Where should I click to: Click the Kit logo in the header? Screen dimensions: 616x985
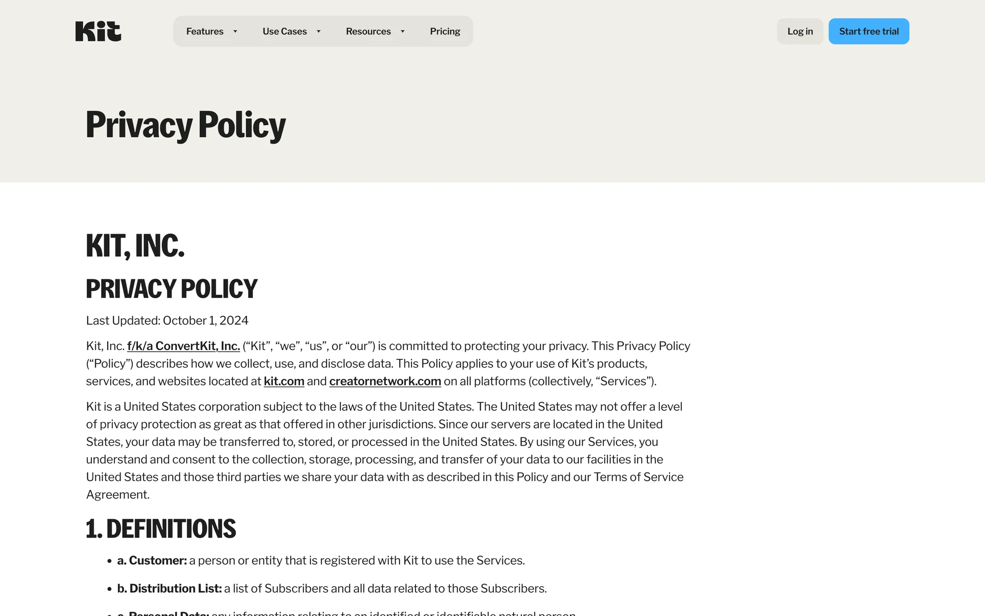(x=98, y=31)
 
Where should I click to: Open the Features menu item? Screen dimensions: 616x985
(x=205, y=31)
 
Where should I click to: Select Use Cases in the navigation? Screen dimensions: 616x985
(x=284, y=31)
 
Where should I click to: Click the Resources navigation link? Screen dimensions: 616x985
(x=368, y=31)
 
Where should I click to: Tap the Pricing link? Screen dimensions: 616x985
(x=445, y=31)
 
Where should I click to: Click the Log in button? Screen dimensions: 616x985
(x=800, y=31)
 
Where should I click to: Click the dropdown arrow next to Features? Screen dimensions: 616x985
(x=235, y=31)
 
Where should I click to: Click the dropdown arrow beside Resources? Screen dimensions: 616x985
(x=403, y=31)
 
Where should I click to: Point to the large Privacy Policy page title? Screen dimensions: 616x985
(x=186, y=125)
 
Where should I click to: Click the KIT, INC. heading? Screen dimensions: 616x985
(x=135, y=245)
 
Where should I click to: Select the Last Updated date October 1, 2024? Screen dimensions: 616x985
(x=205, y=320)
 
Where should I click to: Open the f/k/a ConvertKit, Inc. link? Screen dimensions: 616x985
(x=183, y=346)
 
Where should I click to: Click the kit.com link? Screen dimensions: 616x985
(x=284, y=381)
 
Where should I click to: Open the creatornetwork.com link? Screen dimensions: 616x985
(x=385, y=381)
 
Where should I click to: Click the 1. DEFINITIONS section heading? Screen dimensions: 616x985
(x=161, y=529)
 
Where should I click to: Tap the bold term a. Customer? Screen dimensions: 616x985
(x=152, y=561)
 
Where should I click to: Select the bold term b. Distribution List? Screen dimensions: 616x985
(x=169, y=588)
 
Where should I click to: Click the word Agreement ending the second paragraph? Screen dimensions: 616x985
(x=117, y=495)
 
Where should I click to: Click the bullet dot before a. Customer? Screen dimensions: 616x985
(x=109, y=561)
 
